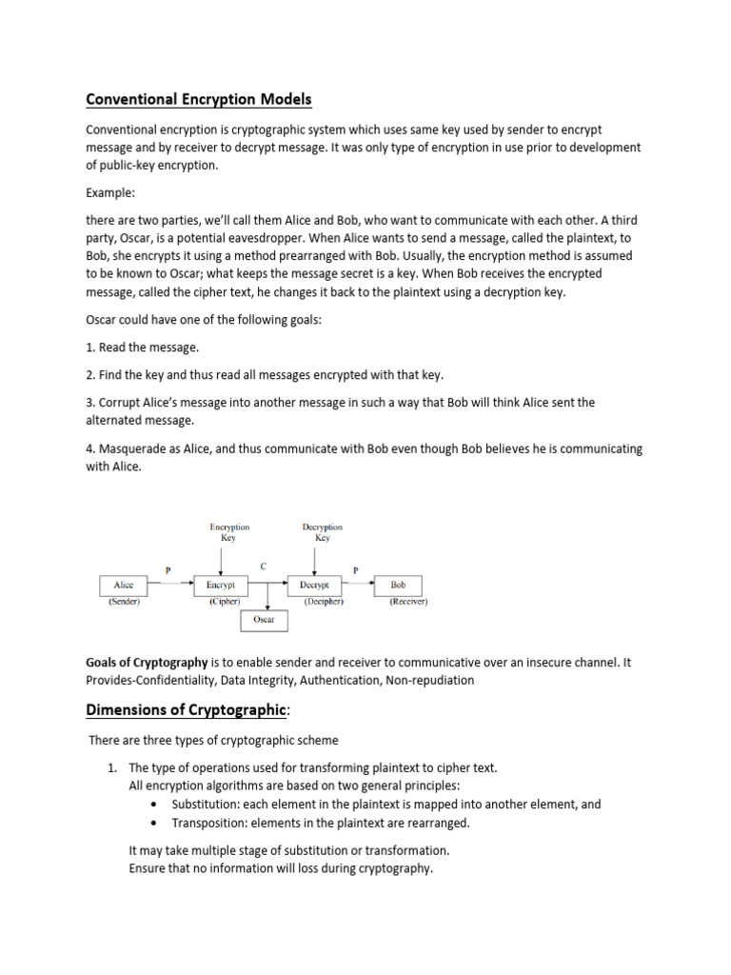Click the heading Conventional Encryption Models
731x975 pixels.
(x=199, y=99)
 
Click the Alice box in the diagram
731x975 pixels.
(x=124, y=586)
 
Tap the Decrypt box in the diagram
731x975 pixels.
(x=314, y=586)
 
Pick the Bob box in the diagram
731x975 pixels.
(x=398, y=586)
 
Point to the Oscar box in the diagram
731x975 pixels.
(x=264, y=620)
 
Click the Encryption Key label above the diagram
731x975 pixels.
(x=228, y=531)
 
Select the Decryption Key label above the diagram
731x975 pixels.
(x=322, y=531)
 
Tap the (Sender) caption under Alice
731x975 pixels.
(x=124, y=602)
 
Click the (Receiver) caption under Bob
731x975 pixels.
(x=408, y=602)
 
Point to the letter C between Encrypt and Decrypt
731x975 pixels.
(x=264, y=566)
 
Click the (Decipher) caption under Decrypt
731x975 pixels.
(x=324, y=602)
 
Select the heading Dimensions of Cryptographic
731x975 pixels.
(x=186, y=709)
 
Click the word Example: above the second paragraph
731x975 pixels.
(x=112, y=191)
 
